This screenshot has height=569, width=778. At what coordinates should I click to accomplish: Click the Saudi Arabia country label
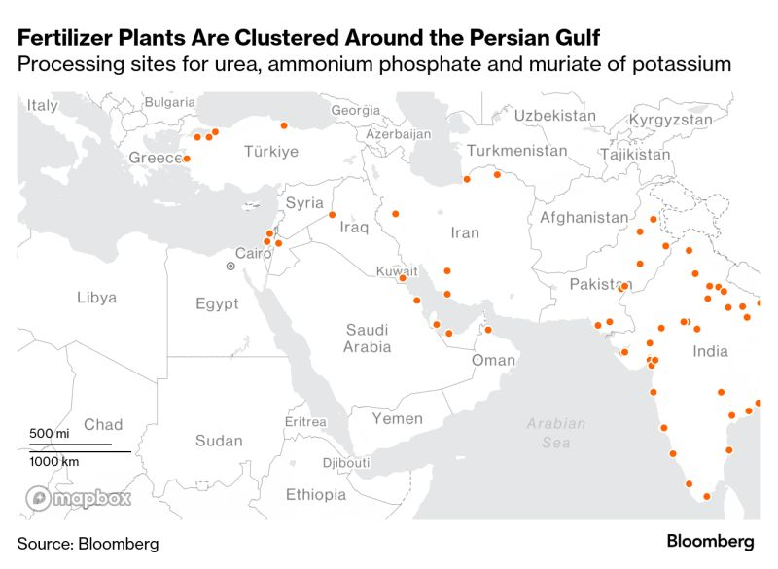point(368,338)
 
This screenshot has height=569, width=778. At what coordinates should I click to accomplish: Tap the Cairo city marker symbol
point(230,266)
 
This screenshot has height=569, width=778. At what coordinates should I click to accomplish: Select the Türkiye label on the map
point(270,152)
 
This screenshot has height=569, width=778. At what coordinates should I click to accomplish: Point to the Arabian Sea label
point(556,433)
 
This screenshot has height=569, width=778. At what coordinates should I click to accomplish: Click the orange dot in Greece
point(187,159)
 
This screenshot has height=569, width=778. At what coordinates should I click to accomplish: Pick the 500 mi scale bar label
point(49,433)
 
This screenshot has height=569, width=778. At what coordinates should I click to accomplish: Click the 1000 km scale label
point(54,461)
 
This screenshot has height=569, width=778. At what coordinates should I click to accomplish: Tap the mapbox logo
point(79,499)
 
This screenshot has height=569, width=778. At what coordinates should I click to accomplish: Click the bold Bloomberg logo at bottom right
point(710,541)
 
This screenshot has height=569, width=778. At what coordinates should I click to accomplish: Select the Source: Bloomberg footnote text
point(88,543)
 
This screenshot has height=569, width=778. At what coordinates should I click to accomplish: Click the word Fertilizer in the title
point(63,38)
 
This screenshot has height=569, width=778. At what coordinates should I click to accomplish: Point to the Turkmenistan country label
point(516,151)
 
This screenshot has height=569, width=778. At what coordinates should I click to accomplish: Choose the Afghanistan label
point(584,218)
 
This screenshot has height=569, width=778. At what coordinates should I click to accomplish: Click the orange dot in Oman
point(488,330)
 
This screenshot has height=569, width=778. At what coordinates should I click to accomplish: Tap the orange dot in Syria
point(333,215)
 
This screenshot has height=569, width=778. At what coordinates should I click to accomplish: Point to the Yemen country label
point(398,418)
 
